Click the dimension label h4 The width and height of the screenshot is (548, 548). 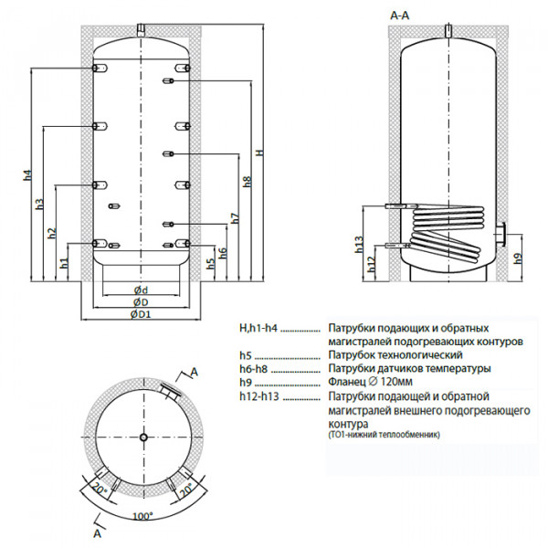(x=27, y=174)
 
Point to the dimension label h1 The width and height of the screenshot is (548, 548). (x=64, y=262)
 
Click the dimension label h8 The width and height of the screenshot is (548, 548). (x=247, y=181)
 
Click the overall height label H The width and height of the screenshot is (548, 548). (x=259, y=153)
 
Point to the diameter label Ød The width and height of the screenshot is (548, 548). (x=140, y=290)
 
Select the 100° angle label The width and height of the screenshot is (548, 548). (x=142, y=518)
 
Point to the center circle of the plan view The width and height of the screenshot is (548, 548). (x=143, y=437)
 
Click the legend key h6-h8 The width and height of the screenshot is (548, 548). (x=257, y=367)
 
